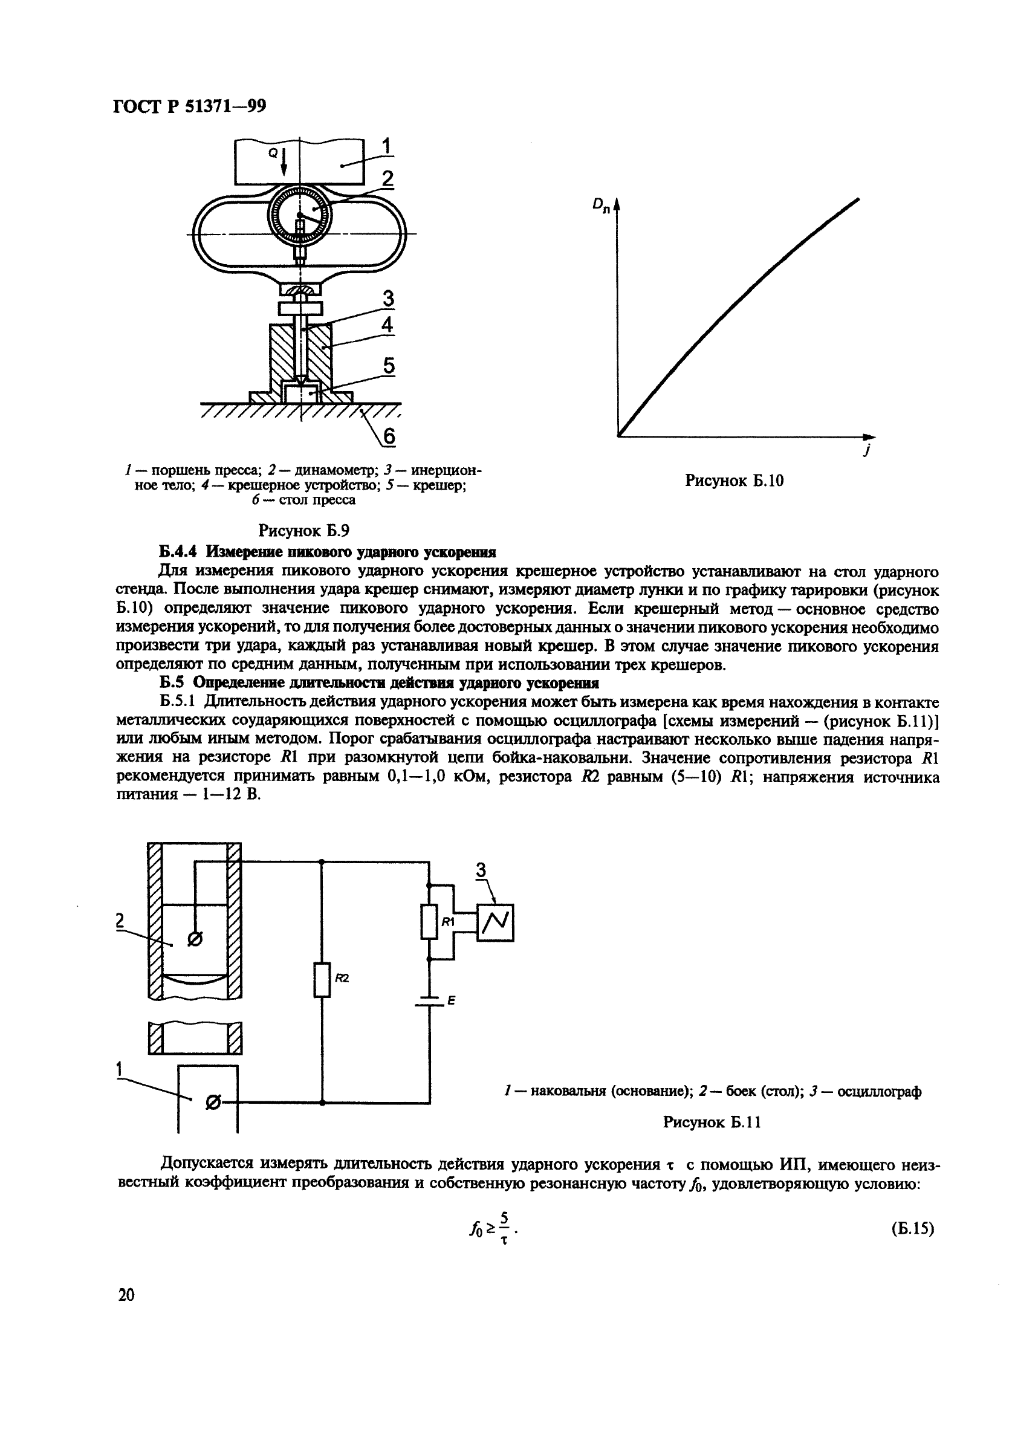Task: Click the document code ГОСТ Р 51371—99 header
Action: tap(189, 107)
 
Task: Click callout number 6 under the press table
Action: tap(389, 436)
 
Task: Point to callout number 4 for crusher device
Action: tap(388, 325)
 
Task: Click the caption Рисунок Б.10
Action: tap(734, 481)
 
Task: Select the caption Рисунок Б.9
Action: tap(303, 531)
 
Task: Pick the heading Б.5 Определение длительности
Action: tap(379, 682)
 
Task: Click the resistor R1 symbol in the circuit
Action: tap(429, 922)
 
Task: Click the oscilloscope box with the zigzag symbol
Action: tap(495, 922)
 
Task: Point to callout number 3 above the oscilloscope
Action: tap(481, 869)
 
